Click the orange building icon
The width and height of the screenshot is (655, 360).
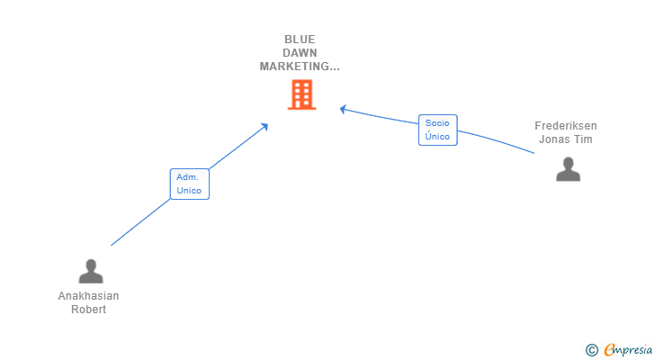tap(301, 94)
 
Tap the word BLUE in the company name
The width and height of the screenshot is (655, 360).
tap(300, 40)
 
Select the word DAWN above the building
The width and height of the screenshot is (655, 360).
tap(300, 53)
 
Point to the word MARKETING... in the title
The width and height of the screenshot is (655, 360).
tap(300, 67)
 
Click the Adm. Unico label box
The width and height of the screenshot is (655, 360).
tap(189, 184)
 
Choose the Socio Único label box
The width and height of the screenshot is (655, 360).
tap(437, 130)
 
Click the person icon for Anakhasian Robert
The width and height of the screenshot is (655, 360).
tap(90, 271)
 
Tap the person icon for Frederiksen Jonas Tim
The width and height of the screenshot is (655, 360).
tap(568, 169)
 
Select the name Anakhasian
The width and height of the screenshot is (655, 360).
tap(88, 296)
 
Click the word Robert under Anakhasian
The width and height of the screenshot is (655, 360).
tap(88, 310)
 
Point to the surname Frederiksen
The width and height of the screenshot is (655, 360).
tap(565, 126)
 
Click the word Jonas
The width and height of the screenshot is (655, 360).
tap(553, 139)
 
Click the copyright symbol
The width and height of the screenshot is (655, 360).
tap(591, 350)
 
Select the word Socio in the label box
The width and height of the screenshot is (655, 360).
tap(437, 122)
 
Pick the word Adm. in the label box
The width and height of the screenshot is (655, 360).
tap(189, 177)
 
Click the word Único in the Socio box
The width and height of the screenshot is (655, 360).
tap(437, 136)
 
